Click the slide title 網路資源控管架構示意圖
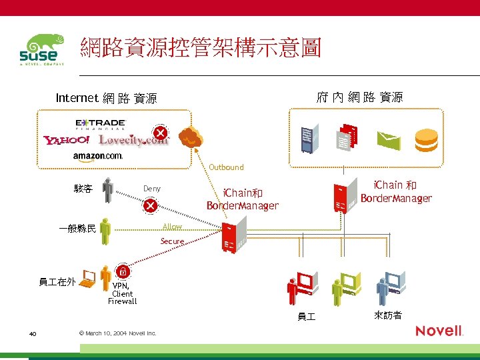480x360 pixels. pos(201,48)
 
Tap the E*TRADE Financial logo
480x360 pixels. pos(101,125)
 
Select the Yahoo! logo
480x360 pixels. pos(67,140)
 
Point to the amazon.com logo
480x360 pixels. pos(98,155)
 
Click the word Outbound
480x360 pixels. pos(226,167)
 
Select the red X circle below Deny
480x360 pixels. pos(151,205)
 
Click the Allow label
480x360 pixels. pos(172,227)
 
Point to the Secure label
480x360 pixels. pos(172,241)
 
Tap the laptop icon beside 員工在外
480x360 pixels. pos(87,277)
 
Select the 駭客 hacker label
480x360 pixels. pos(83,189)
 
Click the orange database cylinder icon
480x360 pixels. pos(426,139)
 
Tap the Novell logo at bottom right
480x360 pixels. pos(439,331)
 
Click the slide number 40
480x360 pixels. pos(32,333)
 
